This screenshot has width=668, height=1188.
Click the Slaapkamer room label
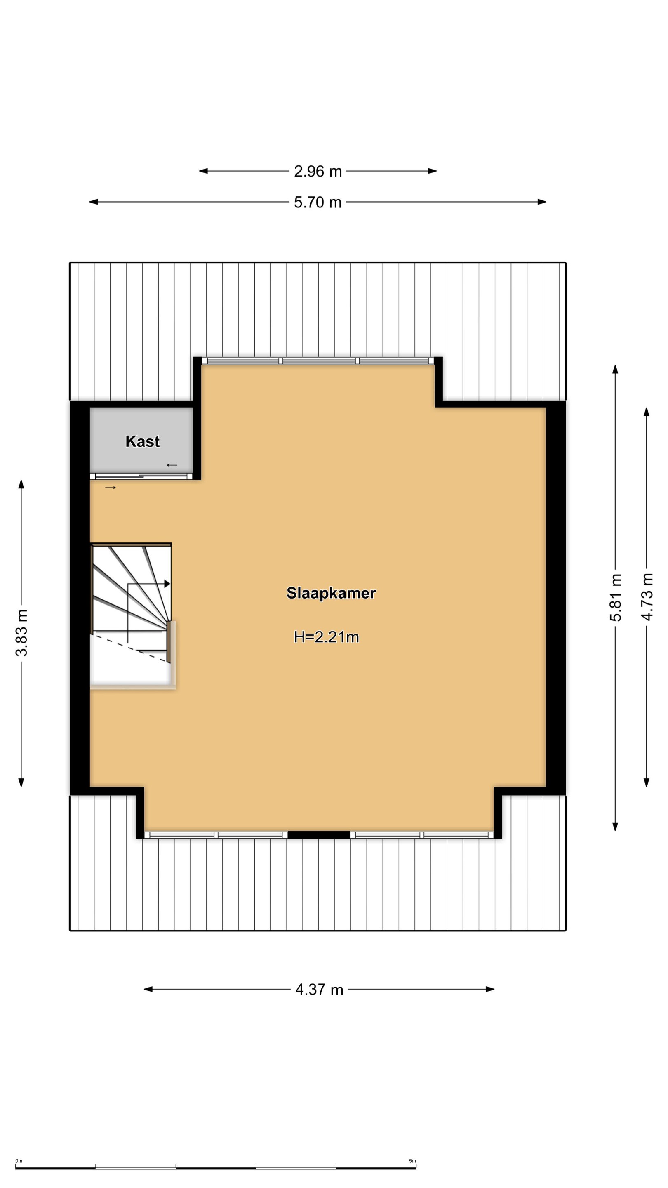pyautogui.click(x=331, y=593)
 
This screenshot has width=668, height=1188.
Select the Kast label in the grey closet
pyautogui.click(x=142, y=441)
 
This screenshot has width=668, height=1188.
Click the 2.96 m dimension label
pyautogui.click(x=318, y=172)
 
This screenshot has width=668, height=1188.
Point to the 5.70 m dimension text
pyautogui.click(x=318, y=203)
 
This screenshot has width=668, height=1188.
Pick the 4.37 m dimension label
pyautogui.click(x=320, y=990)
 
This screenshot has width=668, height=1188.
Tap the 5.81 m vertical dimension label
pyautogui.click(x=616, y=598)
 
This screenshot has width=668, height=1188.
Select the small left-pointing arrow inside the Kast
pyautogui.click(x=172, y=465)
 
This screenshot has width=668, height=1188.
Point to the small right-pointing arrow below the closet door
pyautogui.click(x=111, y=488)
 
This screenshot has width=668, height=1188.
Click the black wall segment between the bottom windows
pyautogui.click(x=319, y=835)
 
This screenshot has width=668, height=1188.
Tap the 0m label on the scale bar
pyautogui.click(x=19, y=1161)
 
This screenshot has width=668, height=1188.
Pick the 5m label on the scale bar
pyautogui.click(x=412, y=1161)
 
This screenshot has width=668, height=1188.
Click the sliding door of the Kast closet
pyautogui.click(x=141, y=476)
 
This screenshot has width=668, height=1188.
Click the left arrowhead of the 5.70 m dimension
pyautogui.click(x=94, y=202)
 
